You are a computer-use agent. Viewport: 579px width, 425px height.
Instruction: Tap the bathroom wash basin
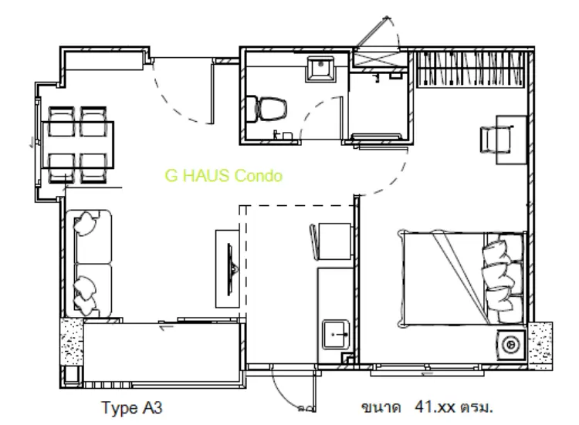tap(320, 69)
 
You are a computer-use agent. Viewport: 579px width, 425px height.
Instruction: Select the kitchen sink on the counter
tap(336, 335)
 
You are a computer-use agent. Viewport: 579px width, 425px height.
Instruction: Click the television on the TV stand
tap(231, 269)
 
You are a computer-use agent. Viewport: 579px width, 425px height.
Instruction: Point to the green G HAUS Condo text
tap(223, 176)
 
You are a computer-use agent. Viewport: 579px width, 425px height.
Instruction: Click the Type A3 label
tap(132, 408)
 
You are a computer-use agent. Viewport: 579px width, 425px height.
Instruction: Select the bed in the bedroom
tap(462, 279)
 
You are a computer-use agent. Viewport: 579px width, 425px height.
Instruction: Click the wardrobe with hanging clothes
tap(470, 69)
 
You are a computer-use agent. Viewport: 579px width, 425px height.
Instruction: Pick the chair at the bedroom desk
tap(494, 140)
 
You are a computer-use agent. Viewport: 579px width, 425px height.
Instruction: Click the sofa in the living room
tap(89, 264)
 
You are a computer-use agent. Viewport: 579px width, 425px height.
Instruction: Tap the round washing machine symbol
tap(511, 345)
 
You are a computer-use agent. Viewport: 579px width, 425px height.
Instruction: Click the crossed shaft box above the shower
tap(380, 59)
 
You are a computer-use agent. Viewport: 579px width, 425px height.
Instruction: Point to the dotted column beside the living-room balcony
tap(72, 342)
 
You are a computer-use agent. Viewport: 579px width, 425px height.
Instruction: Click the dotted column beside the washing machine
tap(540, 346)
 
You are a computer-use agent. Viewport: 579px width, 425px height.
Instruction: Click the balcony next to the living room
tap(162, 354)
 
